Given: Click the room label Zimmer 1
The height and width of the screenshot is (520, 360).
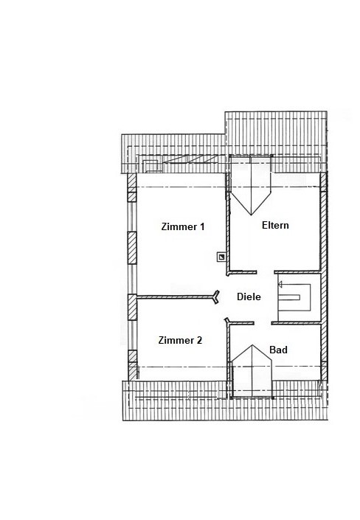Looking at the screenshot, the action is tap(183, 226).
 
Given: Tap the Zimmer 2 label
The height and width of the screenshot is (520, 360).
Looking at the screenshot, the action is tap(180, 340).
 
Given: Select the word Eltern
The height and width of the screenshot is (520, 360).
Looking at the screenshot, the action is tap(275, 225).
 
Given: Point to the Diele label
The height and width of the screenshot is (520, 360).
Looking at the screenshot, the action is tap(249, 297).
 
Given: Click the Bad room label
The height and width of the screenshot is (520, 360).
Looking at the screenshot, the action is tap(278, 350).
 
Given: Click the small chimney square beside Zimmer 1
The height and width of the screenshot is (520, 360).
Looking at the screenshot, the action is tap(221, 257).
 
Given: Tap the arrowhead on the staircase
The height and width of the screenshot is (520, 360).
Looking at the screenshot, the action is tap(280, 284).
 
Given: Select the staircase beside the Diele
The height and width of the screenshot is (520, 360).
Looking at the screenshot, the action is tap(294, 297).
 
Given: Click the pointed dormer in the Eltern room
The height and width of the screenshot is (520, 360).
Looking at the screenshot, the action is tap(251, 185).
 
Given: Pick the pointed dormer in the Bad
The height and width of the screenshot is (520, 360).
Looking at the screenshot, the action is tap(252, 371).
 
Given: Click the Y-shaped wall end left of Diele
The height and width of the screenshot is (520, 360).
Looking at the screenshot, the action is tap(216, 297).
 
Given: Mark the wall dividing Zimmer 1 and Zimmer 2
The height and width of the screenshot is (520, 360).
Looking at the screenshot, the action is tap(176, 297).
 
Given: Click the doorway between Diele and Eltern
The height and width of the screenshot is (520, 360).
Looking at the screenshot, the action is tap(266, 272).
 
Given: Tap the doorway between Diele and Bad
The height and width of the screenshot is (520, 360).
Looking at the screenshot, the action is tap(263, 322).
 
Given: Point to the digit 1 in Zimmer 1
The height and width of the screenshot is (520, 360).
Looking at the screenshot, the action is tap(201, 226).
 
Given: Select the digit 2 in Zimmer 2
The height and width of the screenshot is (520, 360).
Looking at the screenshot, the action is tap(199, 340).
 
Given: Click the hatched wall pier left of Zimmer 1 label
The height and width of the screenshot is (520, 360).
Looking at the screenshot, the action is tap(132, 248).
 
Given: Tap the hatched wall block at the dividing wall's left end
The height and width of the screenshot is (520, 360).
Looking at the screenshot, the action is tap(132, 307).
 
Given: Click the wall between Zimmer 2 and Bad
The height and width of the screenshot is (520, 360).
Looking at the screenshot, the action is tap(228, 360).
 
